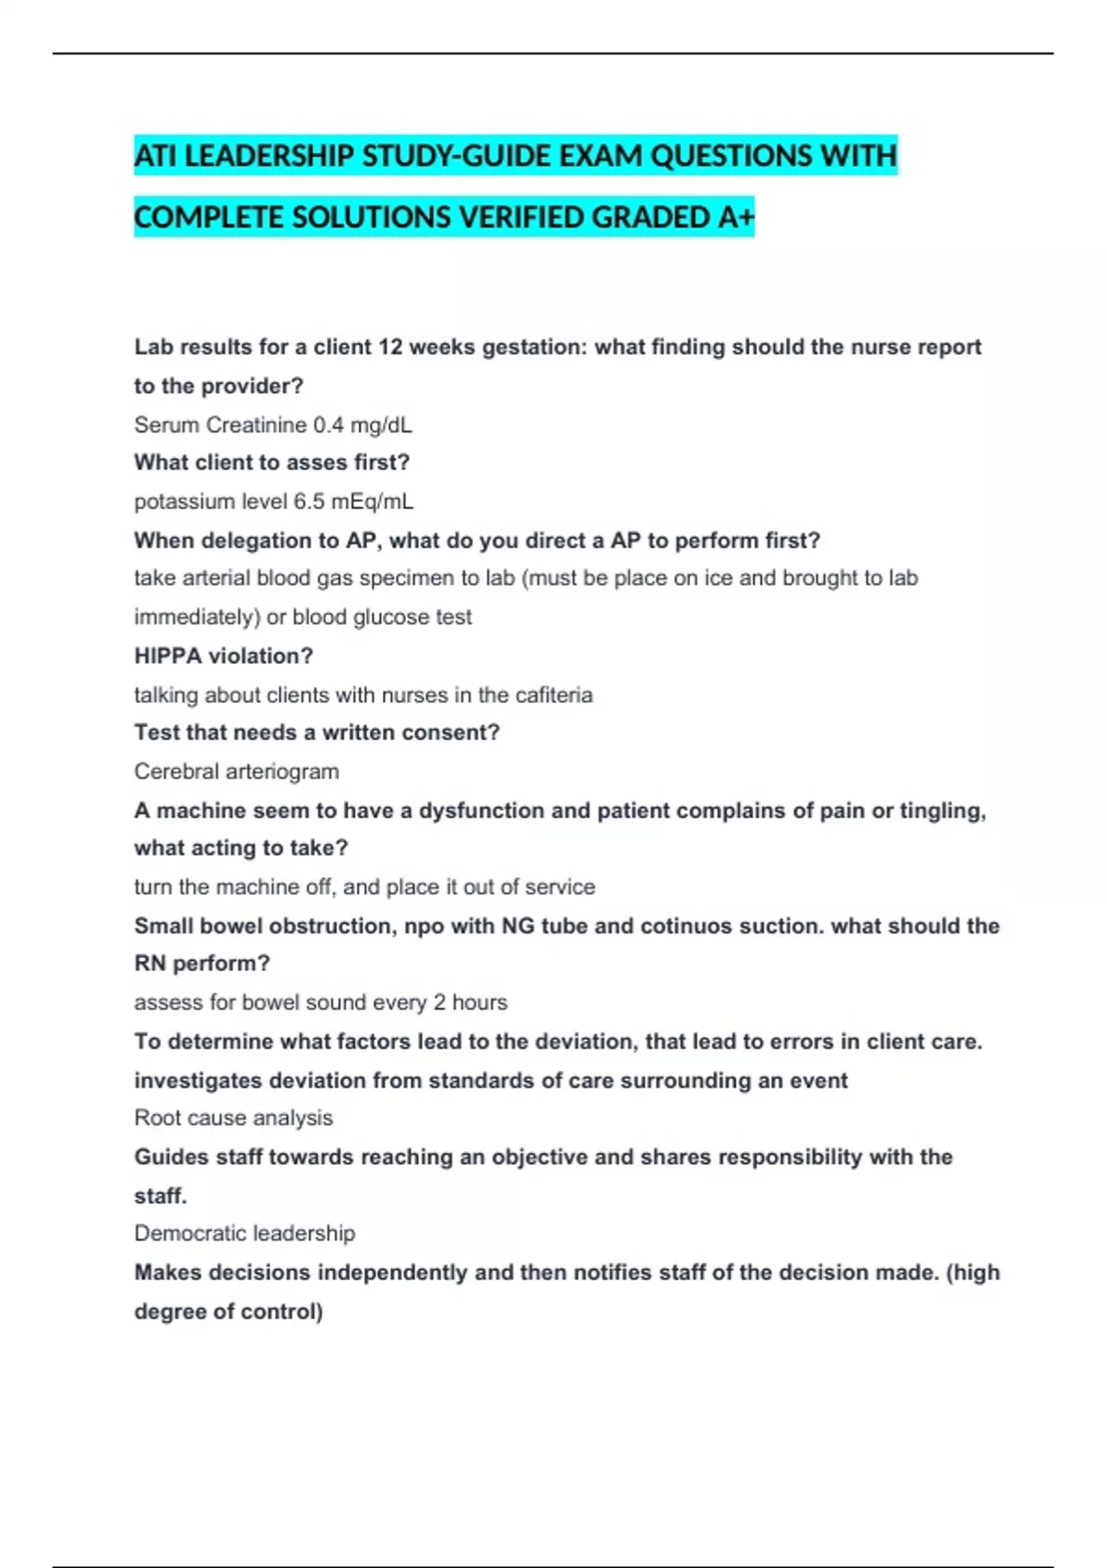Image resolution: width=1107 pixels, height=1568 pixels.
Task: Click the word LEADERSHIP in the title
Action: point(268,156)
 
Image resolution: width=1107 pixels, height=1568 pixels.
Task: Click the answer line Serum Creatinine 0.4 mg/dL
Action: point(273,425)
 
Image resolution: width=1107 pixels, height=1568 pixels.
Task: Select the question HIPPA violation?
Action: point(223,656)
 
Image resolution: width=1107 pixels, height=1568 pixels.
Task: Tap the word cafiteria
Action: point(553,695)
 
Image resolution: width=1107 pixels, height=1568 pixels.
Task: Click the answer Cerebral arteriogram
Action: point(236,771)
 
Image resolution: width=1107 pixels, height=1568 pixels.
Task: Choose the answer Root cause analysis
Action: point(233,1118)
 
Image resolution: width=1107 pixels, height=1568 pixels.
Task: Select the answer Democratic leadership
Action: point(244,1233)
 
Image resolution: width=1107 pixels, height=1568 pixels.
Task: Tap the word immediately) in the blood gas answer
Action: point(196,617)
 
